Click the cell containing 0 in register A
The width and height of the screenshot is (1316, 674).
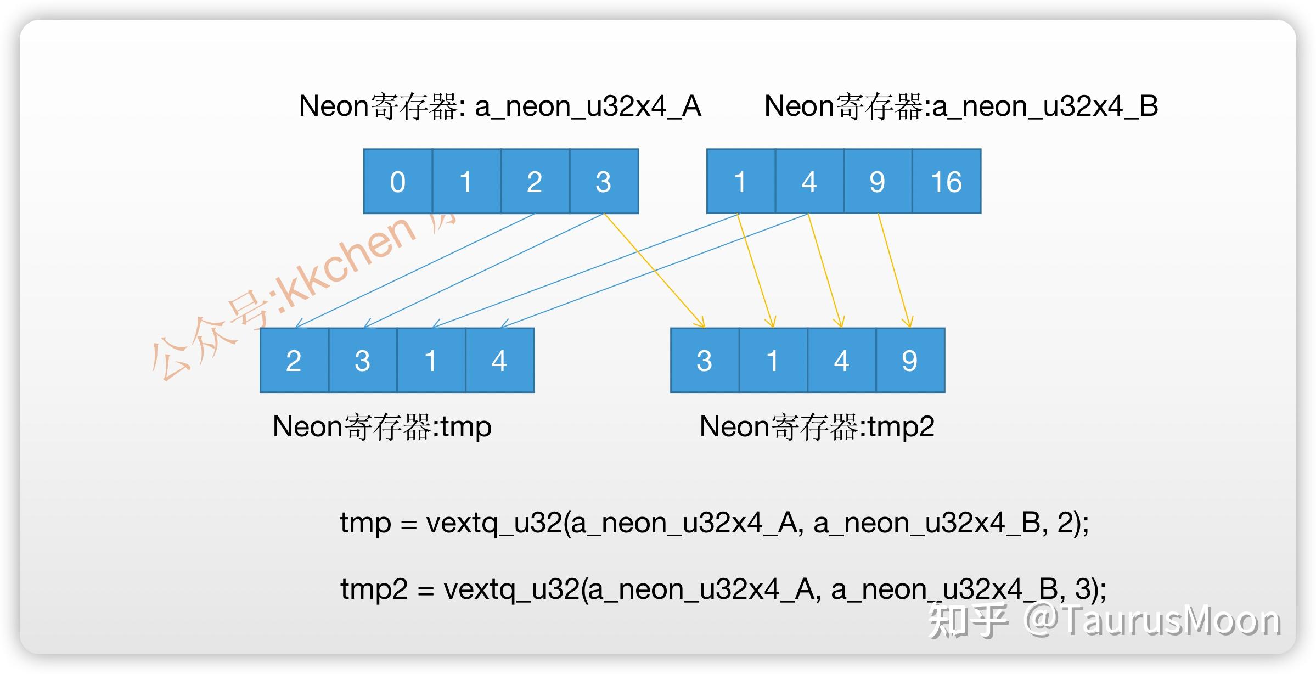(398, 182)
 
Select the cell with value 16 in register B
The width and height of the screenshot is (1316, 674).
(947, 182)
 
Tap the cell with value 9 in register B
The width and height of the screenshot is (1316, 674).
(878, 182)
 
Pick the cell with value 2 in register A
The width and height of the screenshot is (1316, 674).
(535, 182)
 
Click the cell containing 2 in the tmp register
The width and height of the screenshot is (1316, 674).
(294, 361)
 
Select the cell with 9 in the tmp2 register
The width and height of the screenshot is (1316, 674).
(910, 361)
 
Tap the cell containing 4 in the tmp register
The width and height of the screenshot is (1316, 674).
(499, 361)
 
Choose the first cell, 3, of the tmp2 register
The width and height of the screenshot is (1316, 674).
(705, 361)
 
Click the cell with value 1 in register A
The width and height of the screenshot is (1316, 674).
(466, 182)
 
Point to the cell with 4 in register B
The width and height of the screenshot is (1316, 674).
(809, 182)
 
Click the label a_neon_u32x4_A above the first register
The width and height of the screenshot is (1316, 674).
(587, 106)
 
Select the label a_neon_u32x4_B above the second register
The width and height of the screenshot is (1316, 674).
(1045, 106)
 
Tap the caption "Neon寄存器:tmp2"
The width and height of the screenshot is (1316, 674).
(817, 426)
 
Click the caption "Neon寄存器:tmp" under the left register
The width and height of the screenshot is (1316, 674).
(382, 426)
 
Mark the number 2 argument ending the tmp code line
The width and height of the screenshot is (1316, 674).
(1065, 523)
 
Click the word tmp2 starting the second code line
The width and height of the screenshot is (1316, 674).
(374, 589)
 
